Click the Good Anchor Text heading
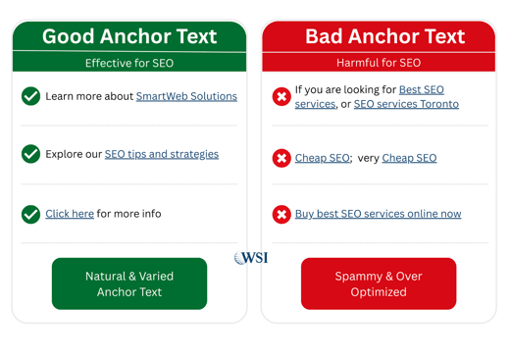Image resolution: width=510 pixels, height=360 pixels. [x=128, y=36]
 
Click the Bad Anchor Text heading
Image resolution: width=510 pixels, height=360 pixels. [x=384, y=36]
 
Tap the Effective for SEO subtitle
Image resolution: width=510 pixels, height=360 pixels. [x=129, y=63]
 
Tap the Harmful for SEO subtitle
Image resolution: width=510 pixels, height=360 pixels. [x=379, y=63]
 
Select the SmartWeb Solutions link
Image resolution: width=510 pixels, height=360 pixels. [x=186, y=96]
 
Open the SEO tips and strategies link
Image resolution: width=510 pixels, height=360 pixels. [x=162, y=154]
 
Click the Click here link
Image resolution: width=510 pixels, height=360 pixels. [x=70, y=213]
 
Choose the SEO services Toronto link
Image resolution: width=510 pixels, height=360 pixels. [x=406, y=104]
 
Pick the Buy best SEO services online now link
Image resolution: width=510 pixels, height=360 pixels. [x=378, y=213]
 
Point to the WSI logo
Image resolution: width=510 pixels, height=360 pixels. [x=251, y=258]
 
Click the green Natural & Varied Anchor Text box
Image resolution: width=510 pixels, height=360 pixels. [x=129, y=283]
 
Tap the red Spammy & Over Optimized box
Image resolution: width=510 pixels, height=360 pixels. [x=379, y=283]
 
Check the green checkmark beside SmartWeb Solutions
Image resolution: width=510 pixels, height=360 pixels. [x=31, y=96]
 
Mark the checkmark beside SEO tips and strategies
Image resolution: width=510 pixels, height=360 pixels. [x=31, y=154]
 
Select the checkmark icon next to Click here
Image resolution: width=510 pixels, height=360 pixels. [x=31, y=214]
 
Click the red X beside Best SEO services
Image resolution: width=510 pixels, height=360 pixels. [x=281, y=96]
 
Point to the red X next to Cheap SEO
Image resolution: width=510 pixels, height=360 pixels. [x=281, y=158]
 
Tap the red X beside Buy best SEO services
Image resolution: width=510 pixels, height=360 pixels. [x=281, y=214]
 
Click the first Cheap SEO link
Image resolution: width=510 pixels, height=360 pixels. [x=323, y=158]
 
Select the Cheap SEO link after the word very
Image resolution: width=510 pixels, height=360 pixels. [x=409, y=158]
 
